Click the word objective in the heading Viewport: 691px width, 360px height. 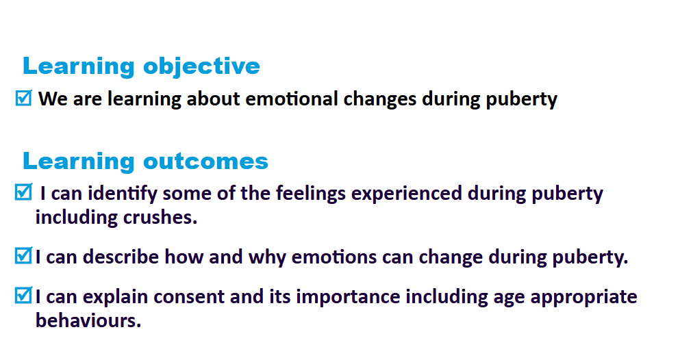201,67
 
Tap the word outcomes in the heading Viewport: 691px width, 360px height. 206,161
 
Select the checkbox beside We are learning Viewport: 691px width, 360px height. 23,98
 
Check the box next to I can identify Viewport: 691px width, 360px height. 23,192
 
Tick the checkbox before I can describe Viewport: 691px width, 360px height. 23,255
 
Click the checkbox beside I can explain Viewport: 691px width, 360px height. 23,295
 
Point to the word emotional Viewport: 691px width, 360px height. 291,99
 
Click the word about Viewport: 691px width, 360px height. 213,99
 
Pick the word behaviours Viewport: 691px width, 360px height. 88,320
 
